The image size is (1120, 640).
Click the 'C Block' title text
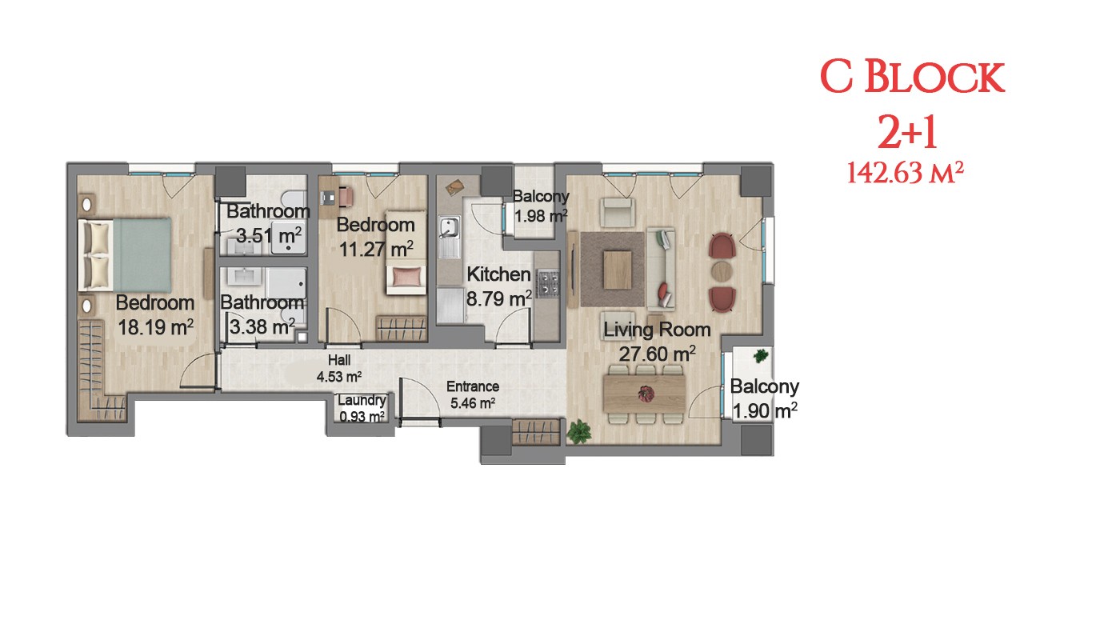point(912,77)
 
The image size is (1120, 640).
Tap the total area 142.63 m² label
point(906,173)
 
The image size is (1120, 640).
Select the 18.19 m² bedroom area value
point(155,327)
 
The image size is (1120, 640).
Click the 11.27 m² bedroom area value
point(376,249)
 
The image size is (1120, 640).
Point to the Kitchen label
point(498,274)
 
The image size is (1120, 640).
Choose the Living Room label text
point(657,330)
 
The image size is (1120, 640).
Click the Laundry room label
point(362,400)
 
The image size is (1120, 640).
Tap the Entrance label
point(473,386)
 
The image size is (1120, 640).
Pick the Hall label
point(339,360)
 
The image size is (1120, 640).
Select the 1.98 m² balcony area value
point(541,216)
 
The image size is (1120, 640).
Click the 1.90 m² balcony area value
point(765,410)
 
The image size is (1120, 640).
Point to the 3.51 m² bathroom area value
point(269,235)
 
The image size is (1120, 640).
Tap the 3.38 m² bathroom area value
point(262,326)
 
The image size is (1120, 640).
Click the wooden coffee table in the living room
point(618,270)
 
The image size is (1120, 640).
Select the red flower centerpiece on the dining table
point(646,394)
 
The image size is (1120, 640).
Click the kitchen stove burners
point(547,283)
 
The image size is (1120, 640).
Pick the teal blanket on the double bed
point(142,254)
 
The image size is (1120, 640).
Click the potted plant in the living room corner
point(579,431)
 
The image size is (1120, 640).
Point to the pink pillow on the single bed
point(406,277)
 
